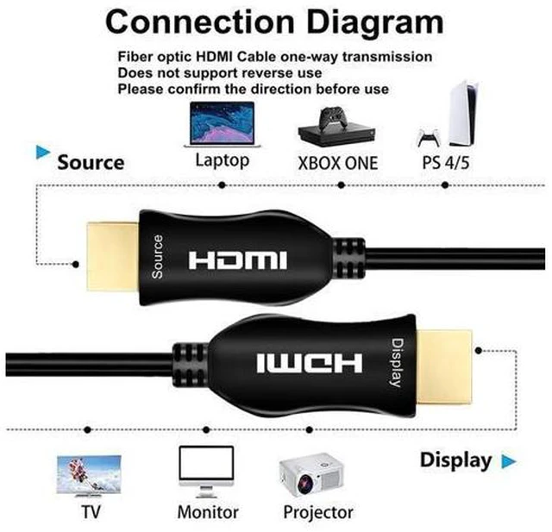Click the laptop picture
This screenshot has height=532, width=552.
click(x=223, y=124)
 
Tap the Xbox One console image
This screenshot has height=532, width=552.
click(x=337, y=126)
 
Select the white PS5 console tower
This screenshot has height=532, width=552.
click(x=463, y=113)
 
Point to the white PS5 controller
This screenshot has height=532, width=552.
click(x=428, y=138)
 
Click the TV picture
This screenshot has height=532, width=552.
click(x=89, y=476)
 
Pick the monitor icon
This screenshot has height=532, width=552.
click(x=206, y=472)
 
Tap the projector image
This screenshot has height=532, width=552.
click(x=311, y=474)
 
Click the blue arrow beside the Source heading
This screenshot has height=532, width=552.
click(x=43, y=152)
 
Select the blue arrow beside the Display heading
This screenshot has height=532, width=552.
click(x=509, y=461)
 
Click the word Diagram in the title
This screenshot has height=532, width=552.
click(x=375, y=22)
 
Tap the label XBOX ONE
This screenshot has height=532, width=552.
click(x=337, y=163)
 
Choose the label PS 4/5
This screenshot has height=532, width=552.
click(x=446, y=163)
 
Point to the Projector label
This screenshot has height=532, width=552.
click(x=318, y=512)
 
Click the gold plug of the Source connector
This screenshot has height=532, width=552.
click(x=113, y=256)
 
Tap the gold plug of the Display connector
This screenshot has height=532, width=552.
click(x=443, y=367)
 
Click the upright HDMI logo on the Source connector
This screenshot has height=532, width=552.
click(x=238, y=260)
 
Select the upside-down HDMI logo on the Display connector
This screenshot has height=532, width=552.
click(x=309, y=363)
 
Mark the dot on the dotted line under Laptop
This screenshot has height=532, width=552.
click(x=222, y=185)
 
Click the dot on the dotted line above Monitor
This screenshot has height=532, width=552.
click(x=206, y=429)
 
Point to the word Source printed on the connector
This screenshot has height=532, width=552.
click(x=157, y=257)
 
